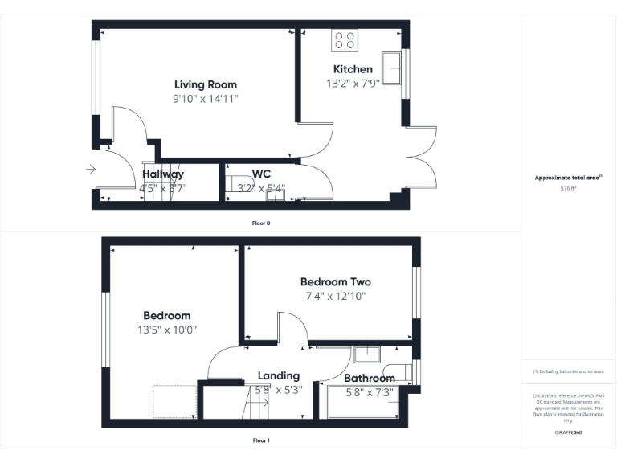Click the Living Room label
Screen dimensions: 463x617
206,84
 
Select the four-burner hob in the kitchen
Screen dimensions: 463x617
345,40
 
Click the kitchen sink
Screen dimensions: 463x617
392,68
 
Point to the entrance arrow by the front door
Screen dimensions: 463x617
91,170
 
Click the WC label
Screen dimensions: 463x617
261,174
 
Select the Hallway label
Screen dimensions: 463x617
163,174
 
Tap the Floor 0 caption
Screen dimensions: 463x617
260,222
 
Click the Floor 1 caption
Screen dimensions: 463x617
260,440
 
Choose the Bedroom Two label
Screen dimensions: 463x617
335,282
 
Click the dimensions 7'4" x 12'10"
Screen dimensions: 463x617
335,296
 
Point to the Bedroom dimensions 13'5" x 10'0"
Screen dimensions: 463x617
167,330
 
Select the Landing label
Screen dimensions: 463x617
278,375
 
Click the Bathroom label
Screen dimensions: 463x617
369,378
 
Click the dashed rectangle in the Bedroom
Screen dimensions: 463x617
174,402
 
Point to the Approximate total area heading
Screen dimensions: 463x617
568,178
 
